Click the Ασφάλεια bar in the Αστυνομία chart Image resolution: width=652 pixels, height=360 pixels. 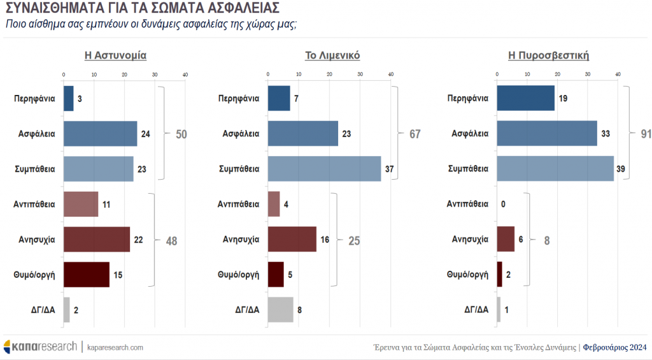click(x=101, y=134)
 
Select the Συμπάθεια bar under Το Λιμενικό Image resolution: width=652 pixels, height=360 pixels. click(x=324, y=169)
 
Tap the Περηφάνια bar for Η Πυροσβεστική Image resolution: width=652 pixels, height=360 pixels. click(x=525, y=98)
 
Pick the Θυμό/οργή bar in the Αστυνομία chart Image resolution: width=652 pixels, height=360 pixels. click(x=87, y=275)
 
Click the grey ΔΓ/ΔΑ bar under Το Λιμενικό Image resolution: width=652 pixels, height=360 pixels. click(x=281, y=310)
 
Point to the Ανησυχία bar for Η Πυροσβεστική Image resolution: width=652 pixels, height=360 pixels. click(x=506, y=239)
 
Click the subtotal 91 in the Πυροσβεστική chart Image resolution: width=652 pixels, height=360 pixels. click(x=645, y=134)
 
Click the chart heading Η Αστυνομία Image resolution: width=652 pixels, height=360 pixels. click(x=116, y=55)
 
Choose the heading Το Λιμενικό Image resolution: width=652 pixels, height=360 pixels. click(x=333, y=55)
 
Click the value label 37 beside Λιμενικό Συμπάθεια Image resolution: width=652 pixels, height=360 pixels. click(x=390, y=169)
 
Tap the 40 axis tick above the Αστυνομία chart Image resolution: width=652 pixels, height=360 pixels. click(x=185, y=75)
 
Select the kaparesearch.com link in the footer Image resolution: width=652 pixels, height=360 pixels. click(x=115, y=347)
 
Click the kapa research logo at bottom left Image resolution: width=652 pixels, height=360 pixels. click(x=39, y=347)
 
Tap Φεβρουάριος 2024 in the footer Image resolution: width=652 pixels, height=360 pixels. click(x=614, y=347)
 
